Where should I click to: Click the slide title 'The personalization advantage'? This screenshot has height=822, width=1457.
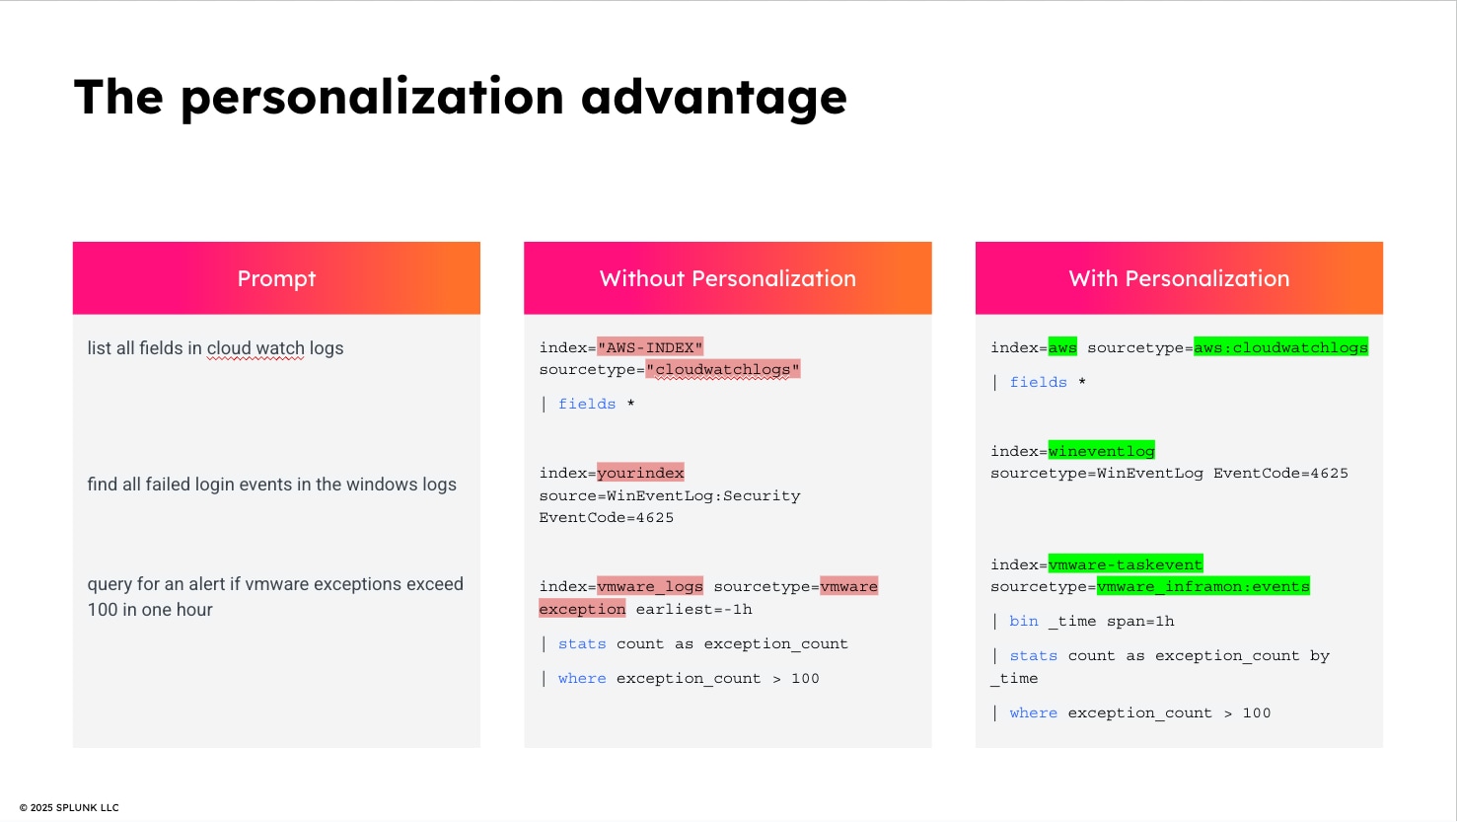[x=460, y=98]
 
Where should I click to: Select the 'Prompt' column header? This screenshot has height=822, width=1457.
[x=276, y=278]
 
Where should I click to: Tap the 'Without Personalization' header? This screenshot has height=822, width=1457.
[x=728, y=278]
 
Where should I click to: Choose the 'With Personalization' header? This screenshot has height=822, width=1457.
[x=1179, y=278]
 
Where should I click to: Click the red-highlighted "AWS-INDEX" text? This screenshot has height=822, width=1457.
[x=650, y=347]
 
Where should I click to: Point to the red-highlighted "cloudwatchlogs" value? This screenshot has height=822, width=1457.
[x=723, y=369]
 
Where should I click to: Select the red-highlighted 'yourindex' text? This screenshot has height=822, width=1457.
[x=640, y=473]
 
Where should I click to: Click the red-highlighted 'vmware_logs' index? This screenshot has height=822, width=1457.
[x=650, y=586]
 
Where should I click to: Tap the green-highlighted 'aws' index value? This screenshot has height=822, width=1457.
[x=1062, y=347]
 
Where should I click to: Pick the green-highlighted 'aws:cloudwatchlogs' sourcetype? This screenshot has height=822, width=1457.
[x=1280, y=347]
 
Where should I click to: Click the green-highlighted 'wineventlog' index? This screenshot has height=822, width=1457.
[x=1101, y=450]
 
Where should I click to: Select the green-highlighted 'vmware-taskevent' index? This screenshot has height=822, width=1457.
[x=1126, y=564]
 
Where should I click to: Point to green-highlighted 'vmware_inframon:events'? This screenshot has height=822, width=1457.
[x=1203, y=586]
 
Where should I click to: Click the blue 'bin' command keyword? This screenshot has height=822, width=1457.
[x=1024, y=622]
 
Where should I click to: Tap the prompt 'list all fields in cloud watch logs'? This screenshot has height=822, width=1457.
[x=215, y=349]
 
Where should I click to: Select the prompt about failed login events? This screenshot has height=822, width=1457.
[x=272, y=485]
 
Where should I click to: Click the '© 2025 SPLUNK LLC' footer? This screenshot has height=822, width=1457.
[x=69, y=807]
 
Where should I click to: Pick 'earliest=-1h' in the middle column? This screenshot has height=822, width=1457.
[x=694, y=609]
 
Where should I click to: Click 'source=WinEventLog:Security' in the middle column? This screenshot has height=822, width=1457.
[x=670, y=496]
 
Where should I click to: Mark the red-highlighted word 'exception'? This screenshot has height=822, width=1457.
[x=582, y=609]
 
